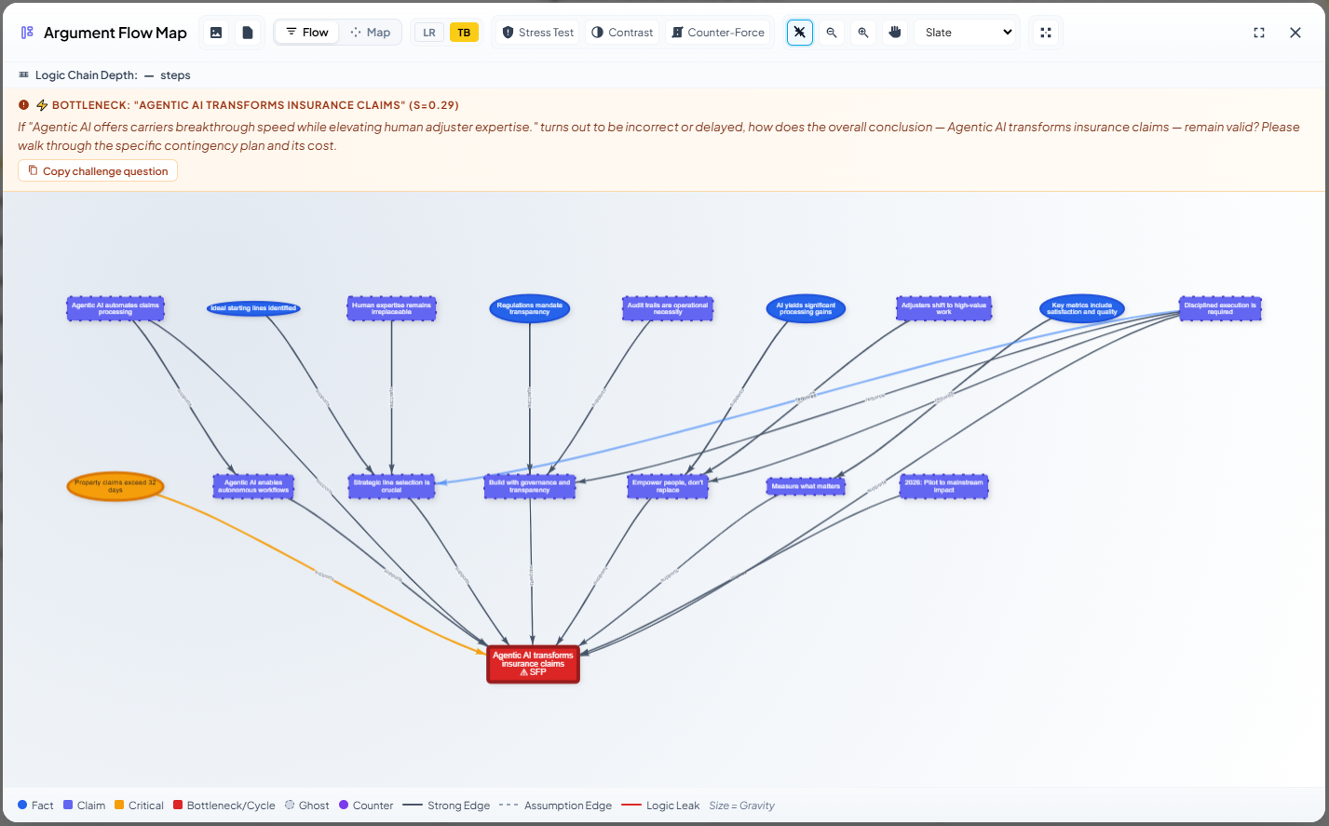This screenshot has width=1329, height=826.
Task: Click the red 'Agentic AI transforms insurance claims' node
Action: click(x=533, y=664)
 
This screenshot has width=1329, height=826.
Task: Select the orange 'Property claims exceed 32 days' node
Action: click(x=115, y=486)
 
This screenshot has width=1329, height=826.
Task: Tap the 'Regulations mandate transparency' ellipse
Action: click(x=529, y=308)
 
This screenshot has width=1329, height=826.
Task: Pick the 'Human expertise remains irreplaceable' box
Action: click(x=391, y=308)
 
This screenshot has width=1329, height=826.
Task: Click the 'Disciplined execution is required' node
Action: click(x=1220, y=308)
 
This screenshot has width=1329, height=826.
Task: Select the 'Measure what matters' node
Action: click(x=806, y=486)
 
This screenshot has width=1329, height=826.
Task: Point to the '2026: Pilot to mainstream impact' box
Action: click(x=943, y=486)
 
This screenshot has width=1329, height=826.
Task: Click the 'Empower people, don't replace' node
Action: click(x=668, y=486)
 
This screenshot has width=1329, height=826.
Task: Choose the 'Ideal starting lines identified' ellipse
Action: click(x=253, y=308)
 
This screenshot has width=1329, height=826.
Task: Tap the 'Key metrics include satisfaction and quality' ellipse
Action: click(x=1081, y=308)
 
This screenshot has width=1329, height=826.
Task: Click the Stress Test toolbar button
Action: click(x=537, y=33)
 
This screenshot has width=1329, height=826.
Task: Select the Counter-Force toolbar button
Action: click(x=717, y=33)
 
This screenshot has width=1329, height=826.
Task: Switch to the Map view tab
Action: click(x=371, y=33)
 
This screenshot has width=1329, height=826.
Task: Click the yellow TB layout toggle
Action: click(x=464, y=33)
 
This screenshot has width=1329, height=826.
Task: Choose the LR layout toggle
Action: click(x=429, y=33)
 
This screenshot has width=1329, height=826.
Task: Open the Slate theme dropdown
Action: click(x=967, y=33)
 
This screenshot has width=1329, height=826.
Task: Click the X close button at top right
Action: click(x=1295, y=33)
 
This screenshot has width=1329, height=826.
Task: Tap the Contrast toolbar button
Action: click(x=622, y=33)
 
